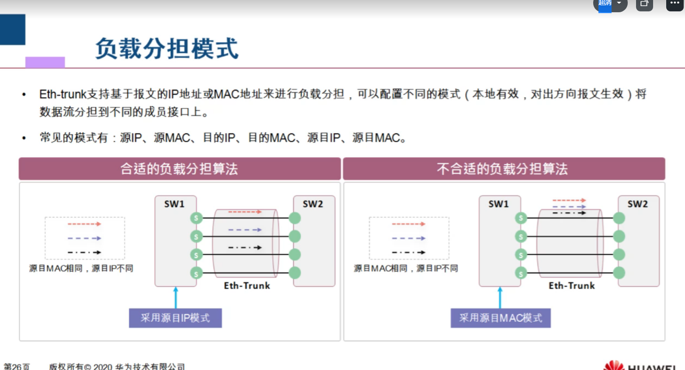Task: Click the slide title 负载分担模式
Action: (167, 48)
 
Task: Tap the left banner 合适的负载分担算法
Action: (179, 169)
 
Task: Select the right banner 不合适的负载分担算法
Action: (502, 169)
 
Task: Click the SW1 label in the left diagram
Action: (174, 204)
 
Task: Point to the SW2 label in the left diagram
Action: (313, 204)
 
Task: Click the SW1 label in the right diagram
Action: (499, 204)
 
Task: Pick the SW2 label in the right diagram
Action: (638, 204)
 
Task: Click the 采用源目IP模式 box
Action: (175, 318)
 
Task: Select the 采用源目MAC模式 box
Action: (501, 318)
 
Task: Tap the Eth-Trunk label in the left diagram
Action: (247, 286)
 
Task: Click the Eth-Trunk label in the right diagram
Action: (572, 286)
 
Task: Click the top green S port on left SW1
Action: (196, 218)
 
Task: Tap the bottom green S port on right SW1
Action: (521, 273)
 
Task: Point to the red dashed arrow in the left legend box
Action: (84, 224)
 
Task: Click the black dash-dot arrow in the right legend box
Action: (409, 252)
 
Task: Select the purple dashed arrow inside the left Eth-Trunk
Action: (245, 230)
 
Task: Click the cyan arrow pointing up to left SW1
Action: (176, 297)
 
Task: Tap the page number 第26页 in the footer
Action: (17, 367)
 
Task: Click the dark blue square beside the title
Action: (13, 29)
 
